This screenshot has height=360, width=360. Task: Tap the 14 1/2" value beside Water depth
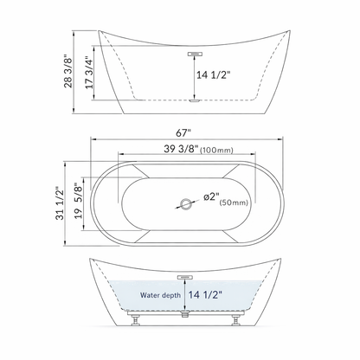(204, 294)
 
